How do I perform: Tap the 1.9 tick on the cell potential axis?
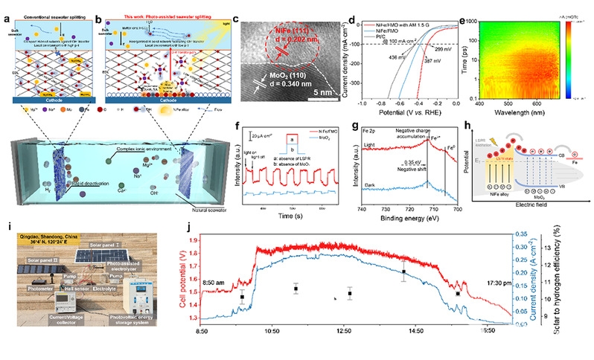click(x=194, y=241)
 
